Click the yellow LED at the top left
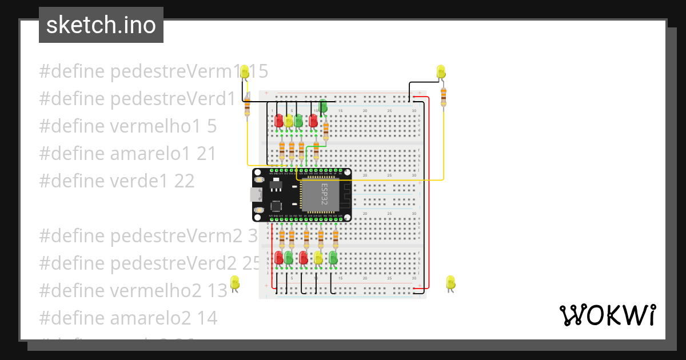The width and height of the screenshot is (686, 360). pos(245,72)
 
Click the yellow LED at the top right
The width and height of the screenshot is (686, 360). pos(441,72)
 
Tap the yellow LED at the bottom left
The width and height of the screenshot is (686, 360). pos(234,282)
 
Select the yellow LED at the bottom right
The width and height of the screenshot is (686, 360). pos(450,282)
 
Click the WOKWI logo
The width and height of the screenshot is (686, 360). pos(607,315)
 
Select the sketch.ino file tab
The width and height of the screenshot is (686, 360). pos(101,25)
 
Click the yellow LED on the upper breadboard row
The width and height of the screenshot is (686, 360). pos(289,121)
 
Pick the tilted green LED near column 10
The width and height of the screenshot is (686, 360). pos(322,106)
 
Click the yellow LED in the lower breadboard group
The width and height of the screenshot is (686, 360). pos(318,258)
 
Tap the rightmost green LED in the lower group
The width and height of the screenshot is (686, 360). pos(333,258)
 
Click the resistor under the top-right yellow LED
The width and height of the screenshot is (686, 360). pos(443,97)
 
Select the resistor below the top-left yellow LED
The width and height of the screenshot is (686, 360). pos(247,107)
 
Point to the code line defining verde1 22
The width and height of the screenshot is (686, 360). pos(117,181)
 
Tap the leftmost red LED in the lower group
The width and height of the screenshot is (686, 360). pos(279,258)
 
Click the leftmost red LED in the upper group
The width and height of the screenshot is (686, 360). pos(279,121)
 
